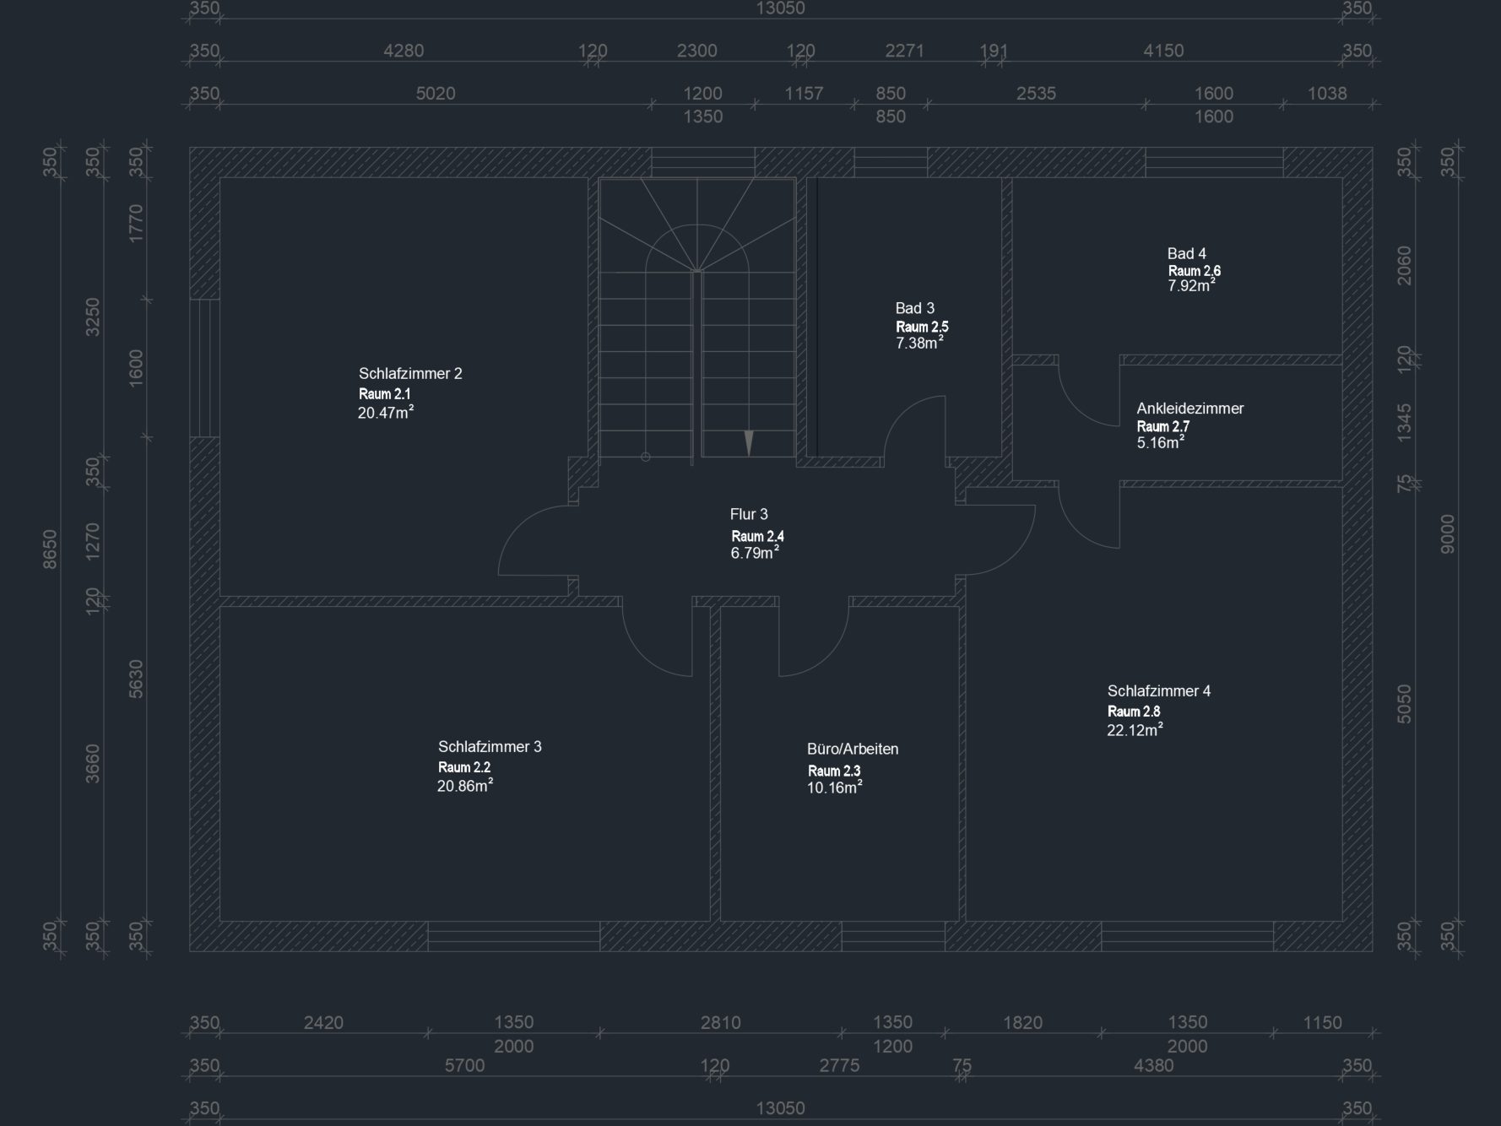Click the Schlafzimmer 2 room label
(x=410, y=373)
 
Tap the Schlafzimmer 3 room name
(x=490, y=746)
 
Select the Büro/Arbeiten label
(x=853, y=749)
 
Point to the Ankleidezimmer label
(x=1190, y=409)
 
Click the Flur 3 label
(x=749, y=514)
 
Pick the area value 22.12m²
(x=1135, y=730)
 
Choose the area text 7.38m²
(x=919, y=344)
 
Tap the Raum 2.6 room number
(x=1194, y=271)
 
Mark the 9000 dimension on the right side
(x=1448, y=533)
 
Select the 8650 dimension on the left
(x=51, y=549)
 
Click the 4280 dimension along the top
(x=404, y=51)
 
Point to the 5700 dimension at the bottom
(x=464, y=1065)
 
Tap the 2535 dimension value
(x=1036, y=93)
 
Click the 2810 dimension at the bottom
(x=720, y=1022)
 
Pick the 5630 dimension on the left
(x=136, y=679)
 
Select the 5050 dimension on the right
(x=1404, y=703)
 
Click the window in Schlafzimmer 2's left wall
(x=204, y=368)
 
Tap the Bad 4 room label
(x=1186, y=253)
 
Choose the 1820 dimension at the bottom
(x=1022, y=1022)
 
